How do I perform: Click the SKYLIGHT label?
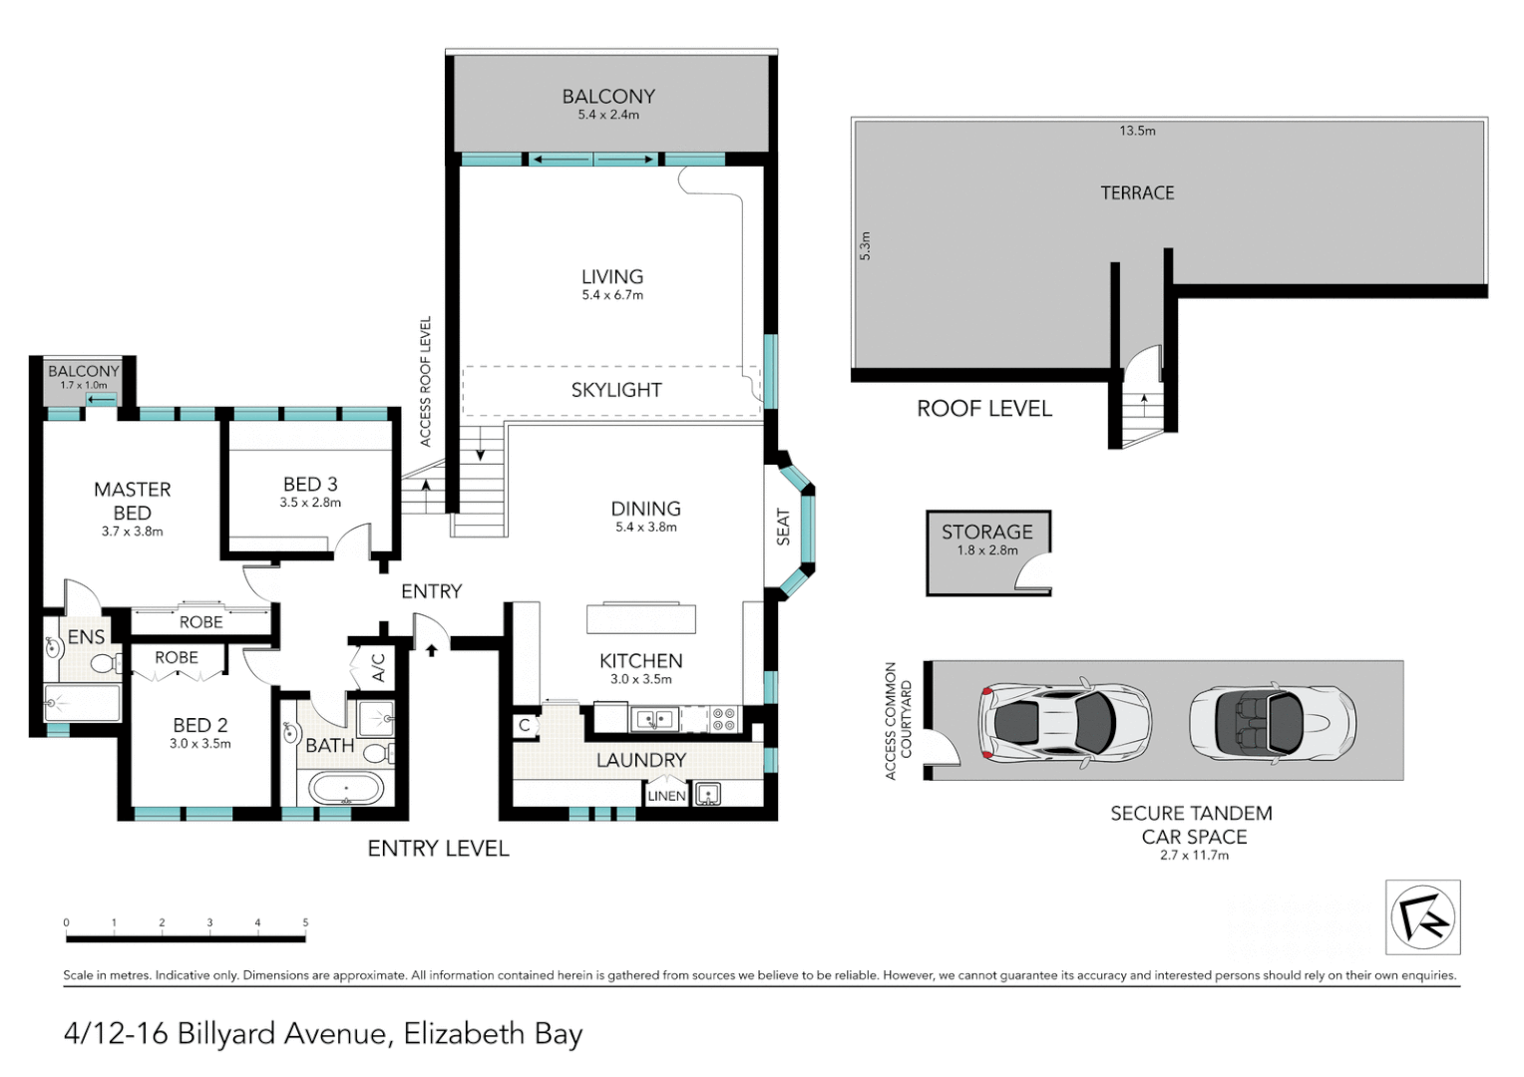tap(615, 390)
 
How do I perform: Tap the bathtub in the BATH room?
tap(346, 789)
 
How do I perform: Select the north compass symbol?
tap(1422, 917)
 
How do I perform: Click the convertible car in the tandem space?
tap(1273, 721)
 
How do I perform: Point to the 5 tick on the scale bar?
tap(305, 923)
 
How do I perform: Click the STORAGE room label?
tap(987, 533)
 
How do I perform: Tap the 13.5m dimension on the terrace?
tap(1138, 131)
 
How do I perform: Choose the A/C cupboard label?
tap(379, 667)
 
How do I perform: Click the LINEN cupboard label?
tap(666, 796)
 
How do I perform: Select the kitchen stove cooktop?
tap(724, 719)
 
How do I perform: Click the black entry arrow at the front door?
tap(431, 650)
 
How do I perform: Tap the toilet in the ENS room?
tap(106, 663)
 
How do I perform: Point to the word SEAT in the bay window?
tap(783, 527)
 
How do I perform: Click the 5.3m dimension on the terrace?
tap(865, 246)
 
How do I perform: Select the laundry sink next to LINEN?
tap(707, 794)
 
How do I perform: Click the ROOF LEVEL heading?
tap(984, 409)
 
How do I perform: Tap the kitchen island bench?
tap(641, 618)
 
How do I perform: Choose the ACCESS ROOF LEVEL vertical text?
tap(425, 381)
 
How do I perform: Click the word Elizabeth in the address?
tap(464, 1033)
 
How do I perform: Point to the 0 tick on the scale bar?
tap(66, 923)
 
